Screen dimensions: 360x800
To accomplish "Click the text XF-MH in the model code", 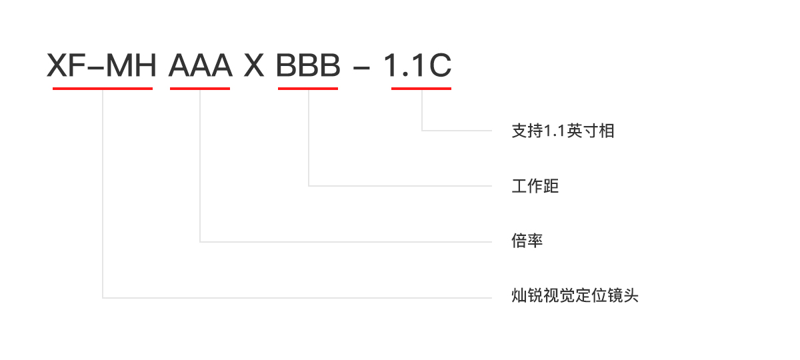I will tap(101, 65).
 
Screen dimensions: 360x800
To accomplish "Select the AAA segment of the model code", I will tap(200, 65).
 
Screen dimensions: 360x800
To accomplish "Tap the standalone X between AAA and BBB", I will tap(254, 65).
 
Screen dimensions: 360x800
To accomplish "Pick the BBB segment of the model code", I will tap(308, 65).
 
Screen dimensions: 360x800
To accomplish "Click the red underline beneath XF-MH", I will tap(103, 88).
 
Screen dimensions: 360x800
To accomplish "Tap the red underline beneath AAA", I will tap(200, 88).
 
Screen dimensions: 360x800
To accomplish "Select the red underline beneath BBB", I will tap(308, 88).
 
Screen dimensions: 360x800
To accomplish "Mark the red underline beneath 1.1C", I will tap(421, 88).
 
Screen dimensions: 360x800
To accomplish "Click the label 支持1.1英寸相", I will tap(563, 131).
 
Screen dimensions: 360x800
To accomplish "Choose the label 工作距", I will tap(535, 185).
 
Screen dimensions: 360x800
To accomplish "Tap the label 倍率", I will tap(527, 241).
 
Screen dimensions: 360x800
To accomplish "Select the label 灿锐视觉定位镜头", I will tap(575, 295).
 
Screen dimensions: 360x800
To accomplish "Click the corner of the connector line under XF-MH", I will tap(103, 297).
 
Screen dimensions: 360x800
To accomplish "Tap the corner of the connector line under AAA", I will tap(200, 241).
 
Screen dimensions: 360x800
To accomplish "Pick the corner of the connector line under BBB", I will tap(309, 185).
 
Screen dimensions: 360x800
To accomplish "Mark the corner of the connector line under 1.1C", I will tap(422, 131).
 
